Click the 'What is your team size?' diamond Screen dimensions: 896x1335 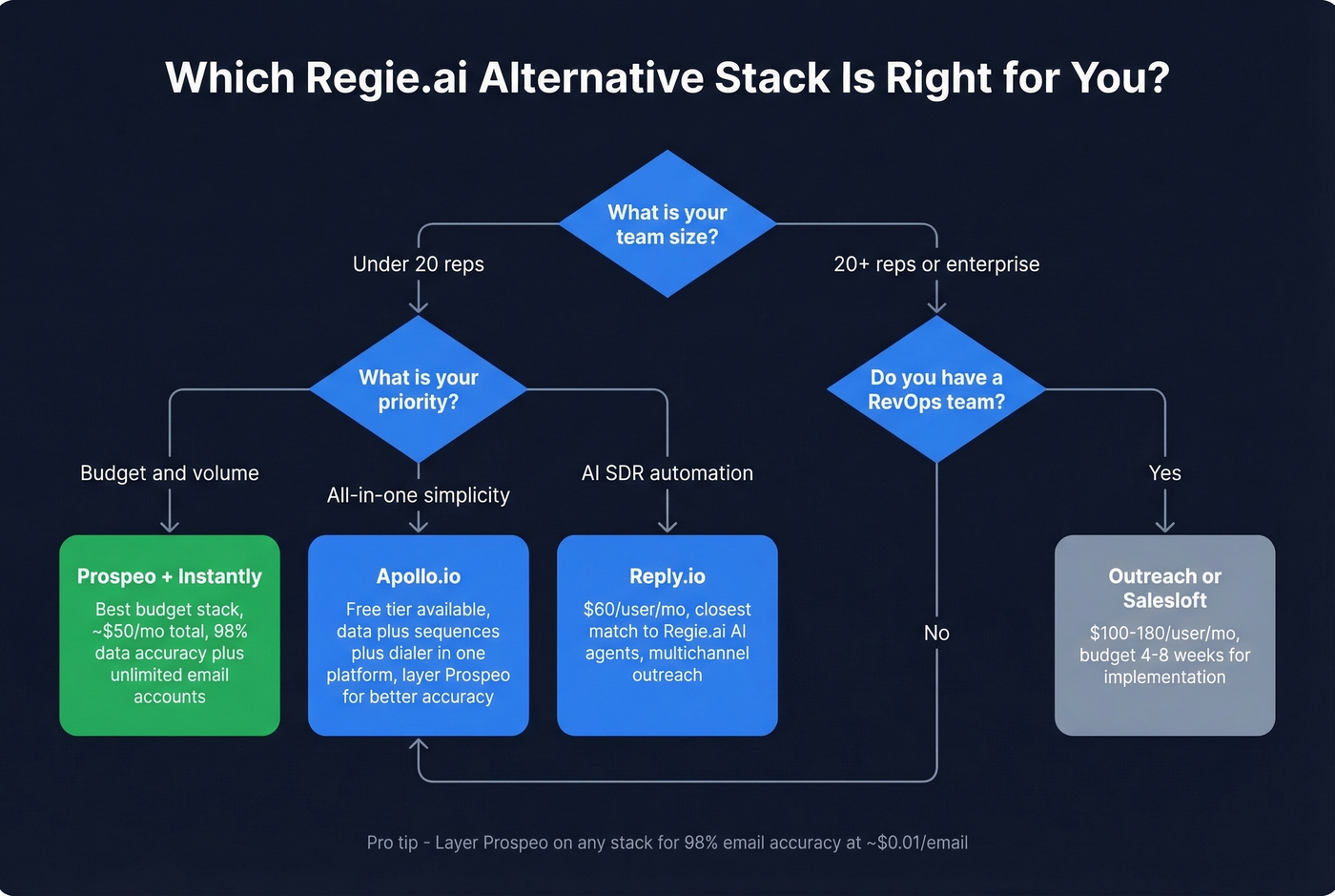tap(667, 224)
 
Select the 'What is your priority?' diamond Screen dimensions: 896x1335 tap(418, 389)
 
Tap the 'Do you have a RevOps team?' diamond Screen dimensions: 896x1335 tap(936, 389)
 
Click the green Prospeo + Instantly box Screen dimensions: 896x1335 tap(170, 635)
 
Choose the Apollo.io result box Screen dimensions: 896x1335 tap(418, 635)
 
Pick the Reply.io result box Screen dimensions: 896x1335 tap(667, 635)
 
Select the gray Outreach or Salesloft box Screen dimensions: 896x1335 tap(1164, 635)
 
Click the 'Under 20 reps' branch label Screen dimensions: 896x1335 tap(418, 264)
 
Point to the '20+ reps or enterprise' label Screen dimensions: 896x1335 tap(936, 264)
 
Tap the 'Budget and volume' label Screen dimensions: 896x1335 tap(170, 473)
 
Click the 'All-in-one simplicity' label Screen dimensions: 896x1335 tap(418, 495)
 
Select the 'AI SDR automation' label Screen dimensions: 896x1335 tap(667, 473)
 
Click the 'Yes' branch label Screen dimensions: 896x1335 tap(1164, 473)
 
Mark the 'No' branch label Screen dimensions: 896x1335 tap(936, 633)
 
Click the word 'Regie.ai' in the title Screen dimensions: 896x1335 tap(386, 78)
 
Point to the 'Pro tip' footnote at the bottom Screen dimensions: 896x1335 tap(667, 843)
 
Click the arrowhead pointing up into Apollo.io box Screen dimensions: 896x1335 tap(418, 744)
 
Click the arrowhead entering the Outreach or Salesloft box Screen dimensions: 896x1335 tap(1164, 526)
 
